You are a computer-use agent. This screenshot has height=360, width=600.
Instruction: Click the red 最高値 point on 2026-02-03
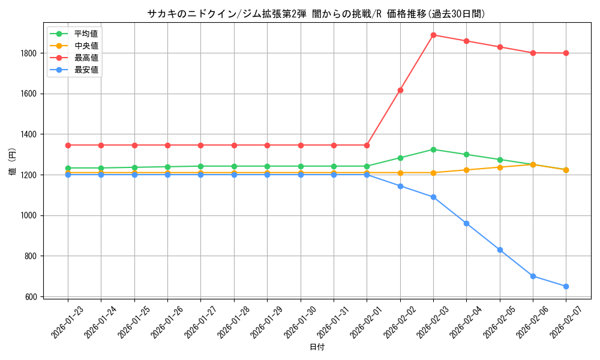433,35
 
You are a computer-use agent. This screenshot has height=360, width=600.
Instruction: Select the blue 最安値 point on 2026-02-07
566,286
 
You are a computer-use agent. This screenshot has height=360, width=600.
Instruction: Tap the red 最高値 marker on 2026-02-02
400,90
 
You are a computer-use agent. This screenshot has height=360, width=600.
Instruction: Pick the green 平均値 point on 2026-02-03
433,149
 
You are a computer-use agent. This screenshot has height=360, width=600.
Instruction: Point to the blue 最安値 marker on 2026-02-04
466,223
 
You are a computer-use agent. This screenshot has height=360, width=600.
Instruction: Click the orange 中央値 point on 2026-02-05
500,167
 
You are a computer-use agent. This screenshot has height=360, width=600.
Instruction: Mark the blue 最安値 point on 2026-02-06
533,276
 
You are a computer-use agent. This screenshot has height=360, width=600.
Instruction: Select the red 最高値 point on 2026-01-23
68,145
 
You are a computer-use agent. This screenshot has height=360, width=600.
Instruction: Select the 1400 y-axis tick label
30,134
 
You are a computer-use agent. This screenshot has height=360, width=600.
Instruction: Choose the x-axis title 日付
317,347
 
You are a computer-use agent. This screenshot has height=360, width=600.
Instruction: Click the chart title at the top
316,14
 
